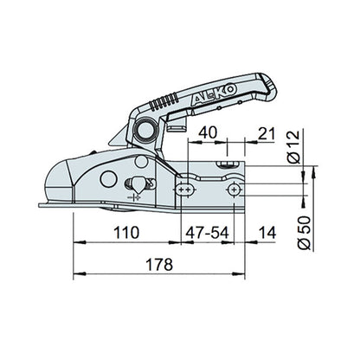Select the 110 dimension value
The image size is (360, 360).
point(126,231)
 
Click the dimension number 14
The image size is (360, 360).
point(267,231)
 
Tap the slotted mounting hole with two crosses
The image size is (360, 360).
point(185,188)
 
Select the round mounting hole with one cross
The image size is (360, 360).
point(233,188)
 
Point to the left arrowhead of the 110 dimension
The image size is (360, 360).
point(76,243)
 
